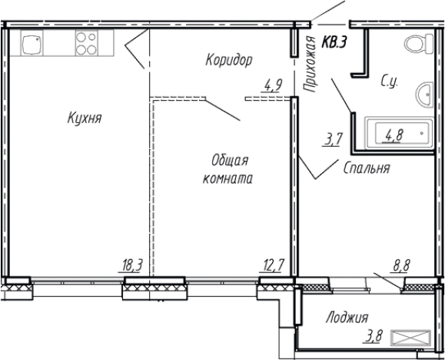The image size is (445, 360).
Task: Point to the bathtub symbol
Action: tap(397, 134)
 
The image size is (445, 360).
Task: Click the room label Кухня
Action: tap(85, 118)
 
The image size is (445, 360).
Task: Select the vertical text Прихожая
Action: tap(311, 65)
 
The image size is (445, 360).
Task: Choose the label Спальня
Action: tap(367, 167)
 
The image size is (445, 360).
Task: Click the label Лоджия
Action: tap(346, 317)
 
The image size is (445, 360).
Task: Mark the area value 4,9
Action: tap(272, 85)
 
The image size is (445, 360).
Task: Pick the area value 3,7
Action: tap(334, 140)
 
